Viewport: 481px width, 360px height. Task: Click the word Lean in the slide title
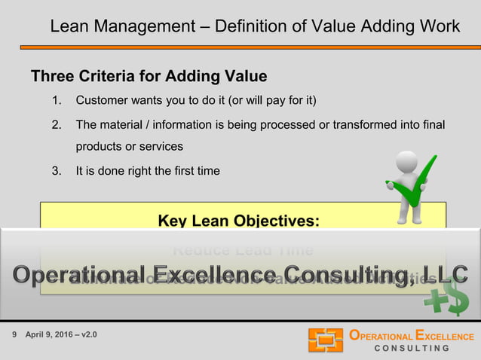(x=66, y=27)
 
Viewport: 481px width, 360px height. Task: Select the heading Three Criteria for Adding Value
(x=149, y=77)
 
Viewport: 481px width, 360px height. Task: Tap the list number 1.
(x=55, y=100)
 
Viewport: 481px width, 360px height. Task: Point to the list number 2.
(x=55, y=124)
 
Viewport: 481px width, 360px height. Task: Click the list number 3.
(x=55, y=171)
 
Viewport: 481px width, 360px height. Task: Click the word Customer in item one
(x=103, y=100)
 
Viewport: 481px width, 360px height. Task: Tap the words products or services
(x=129, y=146)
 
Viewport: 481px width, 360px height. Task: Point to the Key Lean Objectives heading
(x=238, y=221)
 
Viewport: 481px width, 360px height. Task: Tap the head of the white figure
(x=408, y=161)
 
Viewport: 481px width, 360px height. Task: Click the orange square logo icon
(x=325, y=340)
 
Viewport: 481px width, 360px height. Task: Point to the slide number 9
(x=15, y=334)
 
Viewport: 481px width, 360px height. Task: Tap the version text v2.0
(x=87, y=334)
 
